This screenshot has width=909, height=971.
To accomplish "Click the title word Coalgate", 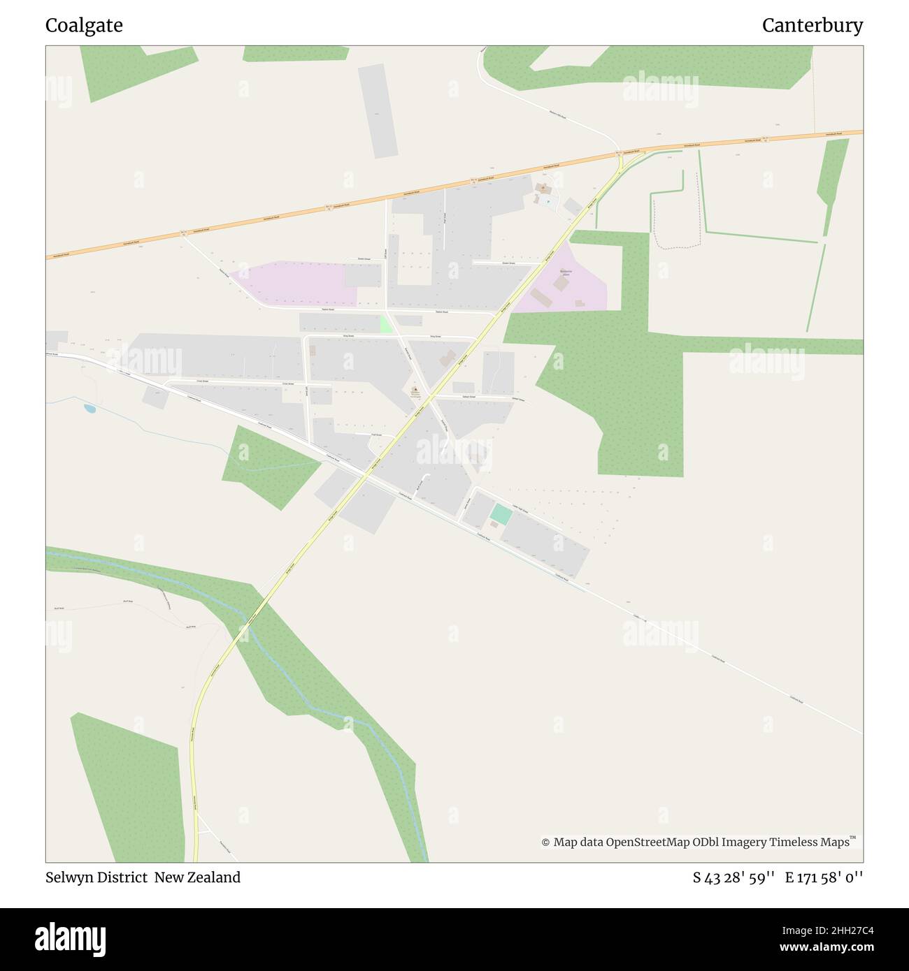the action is click(x=84, y=26).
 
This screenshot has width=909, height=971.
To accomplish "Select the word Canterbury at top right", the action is click(x=812, y=26).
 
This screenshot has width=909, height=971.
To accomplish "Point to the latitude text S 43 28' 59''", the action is click(x=733, y=877).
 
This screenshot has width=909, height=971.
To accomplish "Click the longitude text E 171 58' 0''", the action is click(x=824, y=877).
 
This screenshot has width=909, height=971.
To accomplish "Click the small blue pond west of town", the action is click(x=90, y=408).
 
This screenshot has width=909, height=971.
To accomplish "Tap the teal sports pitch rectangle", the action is click(x=501, y=514).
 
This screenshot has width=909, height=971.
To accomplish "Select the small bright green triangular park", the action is click(x=385, y=324).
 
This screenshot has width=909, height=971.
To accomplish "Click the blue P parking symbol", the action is click(x=547, y=201).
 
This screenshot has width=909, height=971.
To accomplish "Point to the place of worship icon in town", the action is click(x=415, y=390).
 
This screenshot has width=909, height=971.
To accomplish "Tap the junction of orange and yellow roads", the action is click(x=620, y=154).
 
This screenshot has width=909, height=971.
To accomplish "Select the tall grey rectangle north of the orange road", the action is click(x=378, y=110).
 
